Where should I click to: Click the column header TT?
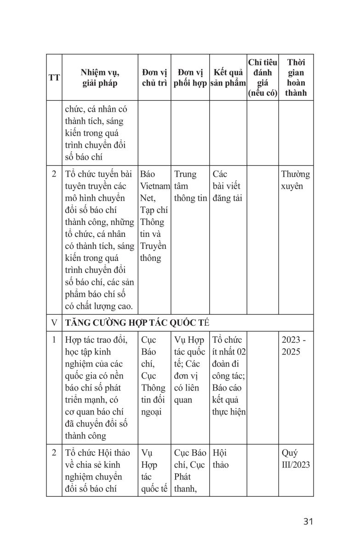(x=54, y=78)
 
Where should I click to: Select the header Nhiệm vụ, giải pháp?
(x=100, y=78)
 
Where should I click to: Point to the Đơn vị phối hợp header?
(x=190, y=78)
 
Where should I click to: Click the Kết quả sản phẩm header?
(x=228, y=78)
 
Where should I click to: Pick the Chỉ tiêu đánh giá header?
(x=263, y=78)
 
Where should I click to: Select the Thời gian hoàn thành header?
(x=296, y=78)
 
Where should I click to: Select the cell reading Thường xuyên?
(x=296, y=181)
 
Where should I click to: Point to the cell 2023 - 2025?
(x=296, y=346)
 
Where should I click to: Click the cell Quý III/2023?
(x=296, y=459)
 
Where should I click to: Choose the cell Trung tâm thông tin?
(x=190, y=187)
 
